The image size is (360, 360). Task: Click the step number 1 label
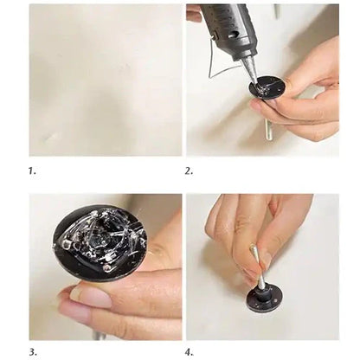(32, 171)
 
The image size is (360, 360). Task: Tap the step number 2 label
(189, 171)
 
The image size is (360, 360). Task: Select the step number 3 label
(33, 352)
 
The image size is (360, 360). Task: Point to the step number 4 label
(190, 352)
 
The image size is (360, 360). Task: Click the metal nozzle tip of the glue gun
(250, 71)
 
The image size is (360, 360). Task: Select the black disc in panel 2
(267, 87)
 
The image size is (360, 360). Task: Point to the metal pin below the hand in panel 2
(268, 129)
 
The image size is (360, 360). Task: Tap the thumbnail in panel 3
(92, 297)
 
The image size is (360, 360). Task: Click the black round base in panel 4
(264, 297)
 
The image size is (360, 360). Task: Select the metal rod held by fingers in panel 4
(257, 266)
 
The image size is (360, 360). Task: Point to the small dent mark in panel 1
(51, 138)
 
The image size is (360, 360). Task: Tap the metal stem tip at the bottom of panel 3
(98, 336)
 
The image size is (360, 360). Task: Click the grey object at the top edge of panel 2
(277, 11)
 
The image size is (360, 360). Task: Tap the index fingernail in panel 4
(250, 254)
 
